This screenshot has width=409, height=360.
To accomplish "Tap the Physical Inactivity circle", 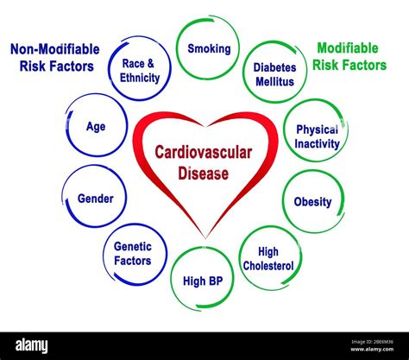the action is (285, 131).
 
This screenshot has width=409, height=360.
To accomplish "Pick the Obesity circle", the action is (283, 201).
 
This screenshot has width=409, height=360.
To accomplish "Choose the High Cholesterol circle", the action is (240, 258).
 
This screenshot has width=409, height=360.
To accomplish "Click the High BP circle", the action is (172, 279).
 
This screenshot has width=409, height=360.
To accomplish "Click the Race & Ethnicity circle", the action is (109, 68).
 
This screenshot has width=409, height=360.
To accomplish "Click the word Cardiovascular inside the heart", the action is (204, 152).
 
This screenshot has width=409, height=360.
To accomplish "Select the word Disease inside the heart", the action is (204, 174).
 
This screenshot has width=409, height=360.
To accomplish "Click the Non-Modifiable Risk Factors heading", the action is (55, 58).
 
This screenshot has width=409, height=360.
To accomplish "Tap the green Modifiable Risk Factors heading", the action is (349, 56).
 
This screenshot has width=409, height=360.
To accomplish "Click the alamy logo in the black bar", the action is (31, 345).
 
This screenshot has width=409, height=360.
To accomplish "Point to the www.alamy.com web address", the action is (372, 350).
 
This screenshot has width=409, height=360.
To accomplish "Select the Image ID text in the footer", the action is (372, 342).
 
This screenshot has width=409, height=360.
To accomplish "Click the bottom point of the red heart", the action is (205, 238).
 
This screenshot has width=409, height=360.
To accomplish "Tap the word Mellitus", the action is (274, 82).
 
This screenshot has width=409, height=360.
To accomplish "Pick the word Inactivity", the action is (317, 143).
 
